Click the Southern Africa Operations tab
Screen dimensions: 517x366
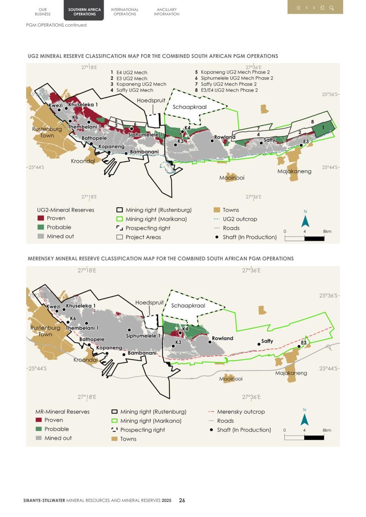click(x=84, y=12)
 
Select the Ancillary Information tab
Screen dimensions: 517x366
click(x=167, y=12)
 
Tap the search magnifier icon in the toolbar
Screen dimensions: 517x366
click(x=331, y=8)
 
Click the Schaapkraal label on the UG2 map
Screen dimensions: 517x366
click(x=189, y=107)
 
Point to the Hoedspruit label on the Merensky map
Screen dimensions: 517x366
click(x=149, y=303)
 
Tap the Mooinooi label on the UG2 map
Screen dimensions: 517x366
click(x=232, y=178)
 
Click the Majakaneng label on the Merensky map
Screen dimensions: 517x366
click(x=291, y=373)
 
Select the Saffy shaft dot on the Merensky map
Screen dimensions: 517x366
click(x=259, y=344)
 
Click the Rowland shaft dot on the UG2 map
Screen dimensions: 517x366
click(x=212, y=141)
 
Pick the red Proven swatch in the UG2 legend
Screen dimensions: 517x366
click(x=41, y=218)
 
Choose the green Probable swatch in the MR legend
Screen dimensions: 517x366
click(x=39, y=429)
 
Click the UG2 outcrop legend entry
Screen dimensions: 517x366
click(x=240, y=219)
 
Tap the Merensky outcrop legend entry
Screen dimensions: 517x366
click(x=240, y=412)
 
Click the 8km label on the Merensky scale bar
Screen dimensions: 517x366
click(x=327, y=430)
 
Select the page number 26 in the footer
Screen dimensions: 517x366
click(x=182, y=500)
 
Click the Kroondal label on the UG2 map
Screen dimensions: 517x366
click(x=83, y=161)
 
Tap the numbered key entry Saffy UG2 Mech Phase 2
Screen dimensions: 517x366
click(x=228, y=84)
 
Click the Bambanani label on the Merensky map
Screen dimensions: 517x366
click(x=142, y=353)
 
